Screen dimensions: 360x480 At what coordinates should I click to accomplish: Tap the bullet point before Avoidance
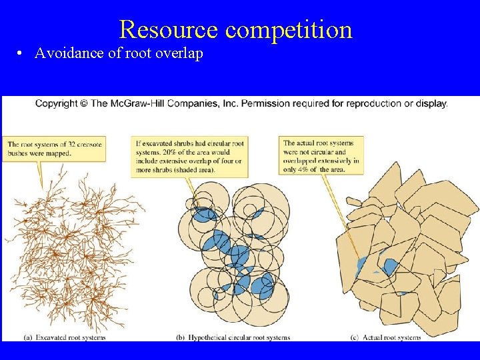pyautogui.click(x=22, y=54)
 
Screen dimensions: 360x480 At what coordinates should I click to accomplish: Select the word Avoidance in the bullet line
pyautogui.click(x=69, y=53)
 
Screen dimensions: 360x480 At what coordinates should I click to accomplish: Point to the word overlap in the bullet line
pyautogui.click(x=179, y=54)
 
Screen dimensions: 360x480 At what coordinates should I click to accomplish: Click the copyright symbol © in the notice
pyautogui.click(x=84, y=103)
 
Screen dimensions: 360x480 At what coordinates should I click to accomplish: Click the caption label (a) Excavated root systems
pyautogui.click(x=65, y=337)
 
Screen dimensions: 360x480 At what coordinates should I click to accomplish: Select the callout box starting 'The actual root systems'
pyautogui.click(x=322, y=156)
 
